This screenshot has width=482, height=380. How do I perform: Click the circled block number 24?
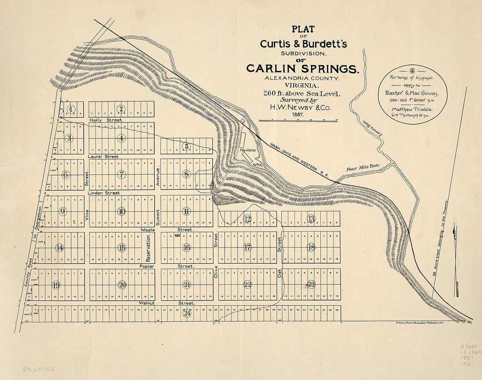coord(187,313)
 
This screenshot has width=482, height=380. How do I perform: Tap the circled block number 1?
coord(73,109)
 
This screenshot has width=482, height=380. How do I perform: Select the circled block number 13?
coord(311,219)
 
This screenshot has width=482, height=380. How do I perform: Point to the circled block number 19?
coord(56,285)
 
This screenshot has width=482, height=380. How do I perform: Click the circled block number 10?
coord(121,212)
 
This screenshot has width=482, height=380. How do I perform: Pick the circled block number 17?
coord(248,248)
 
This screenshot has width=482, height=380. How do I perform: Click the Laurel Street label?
coord(103,156)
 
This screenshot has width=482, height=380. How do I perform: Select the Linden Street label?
coord(103,193)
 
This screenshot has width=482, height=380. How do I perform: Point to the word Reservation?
coord(149,247)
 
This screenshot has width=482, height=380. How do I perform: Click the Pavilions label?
coord(248,150)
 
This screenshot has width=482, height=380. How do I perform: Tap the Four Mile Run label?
coord(362,167)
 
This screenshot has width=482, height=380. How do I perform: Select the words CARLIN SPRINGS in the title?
coord(302,69)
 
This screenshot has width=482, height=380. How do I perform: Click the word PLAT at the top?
coord(303,30)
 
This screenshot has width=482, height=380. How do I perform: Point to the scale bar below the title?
coord(298,120)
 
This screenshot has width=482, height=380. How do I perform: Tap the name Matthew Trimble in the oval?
coord(411,109)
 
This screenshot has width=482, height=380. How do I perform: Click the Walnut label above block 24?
coord(148,303)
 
